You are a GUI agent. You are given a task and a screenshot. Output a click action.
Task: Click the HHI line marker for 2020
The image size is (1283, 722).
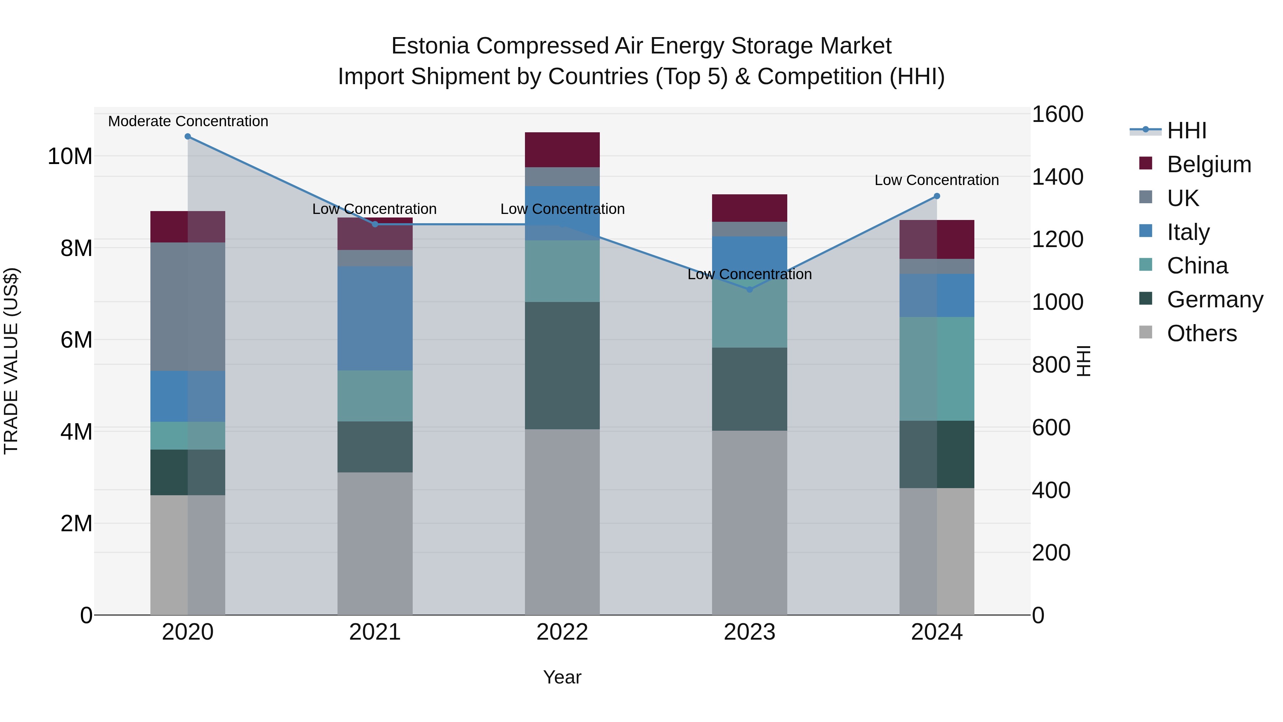click(188, 137)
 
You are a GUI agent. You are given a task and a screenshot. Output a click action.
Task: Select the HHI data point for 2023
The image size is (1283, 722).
click(749, 290)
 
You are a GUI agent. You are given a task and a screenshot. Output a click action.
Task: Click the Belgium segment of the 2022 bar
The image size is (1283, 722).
click(562, 149)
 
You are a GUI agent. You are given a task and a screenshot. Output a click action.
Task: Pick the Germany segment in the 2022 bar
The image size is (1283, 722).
click(562, 365)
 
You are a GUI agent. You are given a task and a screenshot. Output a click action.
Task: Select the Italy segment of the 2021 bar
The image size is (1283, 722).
click(375, 318)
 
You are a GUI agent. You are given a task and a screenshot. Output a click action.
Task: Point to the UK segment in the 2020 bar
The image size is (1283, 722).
click(188, 306)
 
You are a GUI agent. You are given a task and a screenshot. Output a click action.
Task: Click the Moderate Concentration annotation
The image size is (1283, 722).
click(188, 121)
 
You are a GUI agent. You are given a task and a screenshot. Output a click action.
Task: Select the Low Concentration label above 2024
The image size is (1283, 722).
click(936, 180)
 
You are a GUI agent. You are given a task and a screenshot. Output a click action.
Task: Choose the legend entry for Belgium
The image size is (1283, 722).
click(1209, 164)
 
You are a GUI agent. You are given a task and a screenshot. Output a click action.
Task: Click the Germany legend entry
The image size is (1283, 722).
click(1215, 299)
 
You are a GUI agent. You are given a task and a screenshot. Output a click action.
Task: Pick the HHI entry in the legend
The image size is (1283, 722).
click(1186, 130)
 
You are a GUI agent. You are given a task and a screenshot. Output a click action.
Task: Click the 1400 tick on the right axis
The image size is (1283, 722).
click(1057, 177)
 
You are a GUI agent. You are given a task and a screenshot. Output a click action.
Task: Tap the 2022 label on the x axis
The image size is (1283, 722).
click(562, 632)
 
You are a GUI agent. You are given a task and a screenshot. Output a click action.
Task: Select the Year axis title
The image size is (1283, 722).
click(562, 677)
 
